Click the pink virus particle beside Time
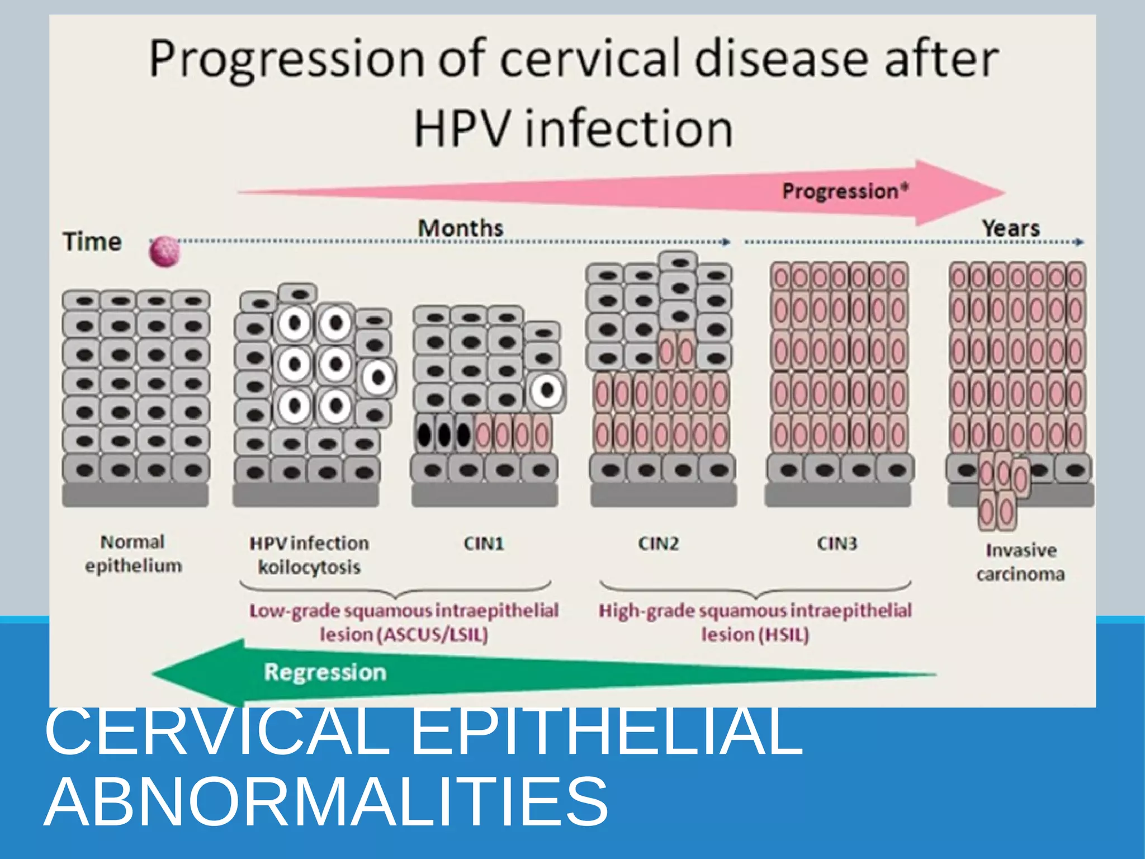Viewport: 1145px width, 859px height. (165, 252)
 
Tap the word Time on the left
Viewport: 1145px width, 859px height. (92, 242)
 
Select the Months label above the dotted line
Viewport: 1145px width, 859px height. (460, 228)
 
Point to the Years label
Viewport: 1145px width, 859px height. (1011, 228)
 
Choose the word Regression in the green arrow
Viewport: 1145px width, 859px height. (325, 672)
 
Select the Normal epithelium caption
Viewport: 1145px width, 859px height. (133, 554)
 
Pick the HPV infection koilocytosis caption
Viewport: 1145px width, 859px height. (309, 555)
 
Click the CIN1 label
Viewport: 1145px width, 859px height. (484, 544)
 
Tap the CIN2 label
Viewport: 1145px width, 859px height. (659, 544)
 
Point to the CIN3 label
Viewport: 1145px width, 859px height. (836, 544)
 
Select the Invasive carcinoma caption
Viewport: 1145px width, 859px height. (1020, 562)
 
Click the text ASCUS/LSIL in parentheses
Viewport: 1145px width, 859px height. (433, 635)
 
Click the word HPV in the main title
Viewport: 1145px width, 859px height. (461, 129)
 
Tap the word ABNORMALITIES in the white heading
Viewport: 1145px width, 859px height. (326, 800)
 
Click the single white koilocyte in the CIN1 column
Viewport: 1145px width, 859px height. (547, 390)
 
